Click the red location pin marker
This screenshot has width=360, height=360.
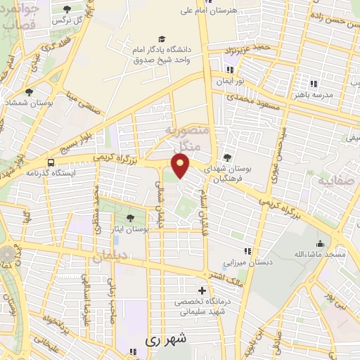[x=181, y=167]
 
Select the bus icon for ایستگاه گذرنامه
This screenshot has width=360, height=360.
[x=50, y=162]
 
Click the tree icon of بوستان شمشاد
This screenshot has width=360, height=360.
[x=29, y=92]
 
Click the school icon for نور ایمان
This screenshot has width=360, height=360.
[x=230, y=70]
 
